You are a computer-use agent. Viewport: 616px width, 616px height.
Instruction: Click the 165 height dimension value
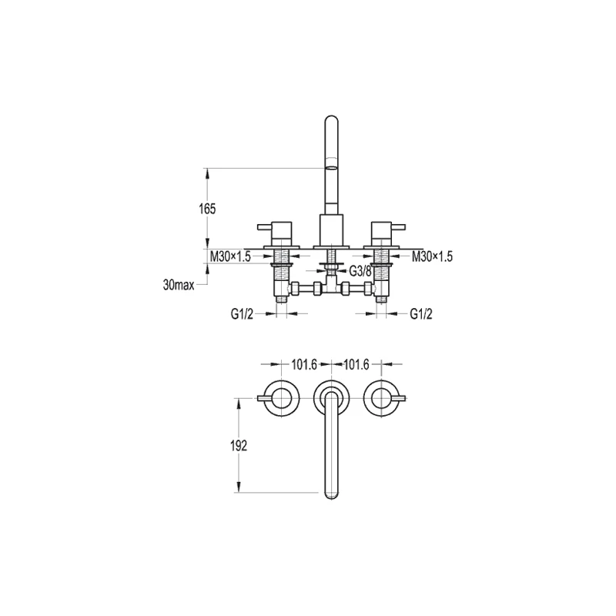point(207,209)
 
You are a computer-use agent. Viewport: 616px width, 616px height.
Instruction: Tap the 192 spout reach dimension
point(239,446)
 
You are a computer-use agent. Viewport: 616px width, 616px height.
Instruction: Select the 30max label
point(179,285)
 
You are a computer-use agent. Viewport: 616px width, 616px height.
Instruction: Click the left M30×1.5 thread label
point(230,256)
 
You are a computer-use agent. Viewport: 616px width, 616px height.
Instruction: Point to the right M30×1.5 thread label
point(432,256)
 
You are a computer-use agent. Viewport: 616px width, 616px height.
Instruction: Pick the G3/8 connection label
point(360,271)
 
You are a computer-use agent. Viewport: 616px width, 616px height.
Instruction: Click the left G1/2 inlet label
point(242,314)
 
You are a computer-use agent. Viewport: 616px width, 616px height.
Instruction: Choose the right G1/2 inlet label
point(421,314)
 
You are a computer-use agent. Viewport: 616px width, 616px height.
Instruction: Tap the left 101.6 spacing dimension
point(304,365)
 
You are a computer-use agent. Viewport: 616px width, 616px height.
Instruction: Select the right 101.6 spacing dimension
point(357,365)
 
